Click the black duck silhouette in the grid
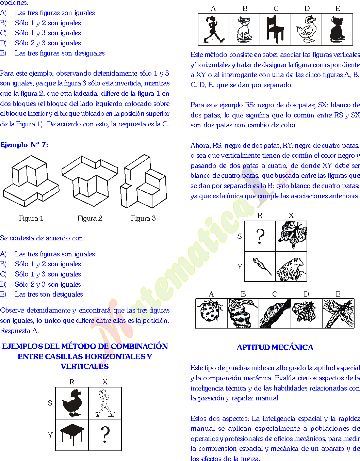(x=72, y=403)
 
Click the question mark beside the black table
(x=105, y=435)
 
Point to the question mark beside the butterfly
(x=260, y=236)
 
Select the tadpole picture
(x=261, y=266)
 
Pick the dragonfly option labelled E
(x=338, y=313)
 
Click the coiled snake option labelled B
(x=243, y=313)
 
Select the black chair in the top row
(x=275, y=29)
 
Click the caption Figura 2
(x=90, y=218)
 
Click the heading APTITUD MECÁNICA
(x=275, y=348)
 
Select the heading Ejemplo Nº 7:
(x=24, y=145)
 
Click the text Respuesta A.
(x=19, y=331)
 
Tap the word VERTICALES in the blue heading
(x=85, y=366)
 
